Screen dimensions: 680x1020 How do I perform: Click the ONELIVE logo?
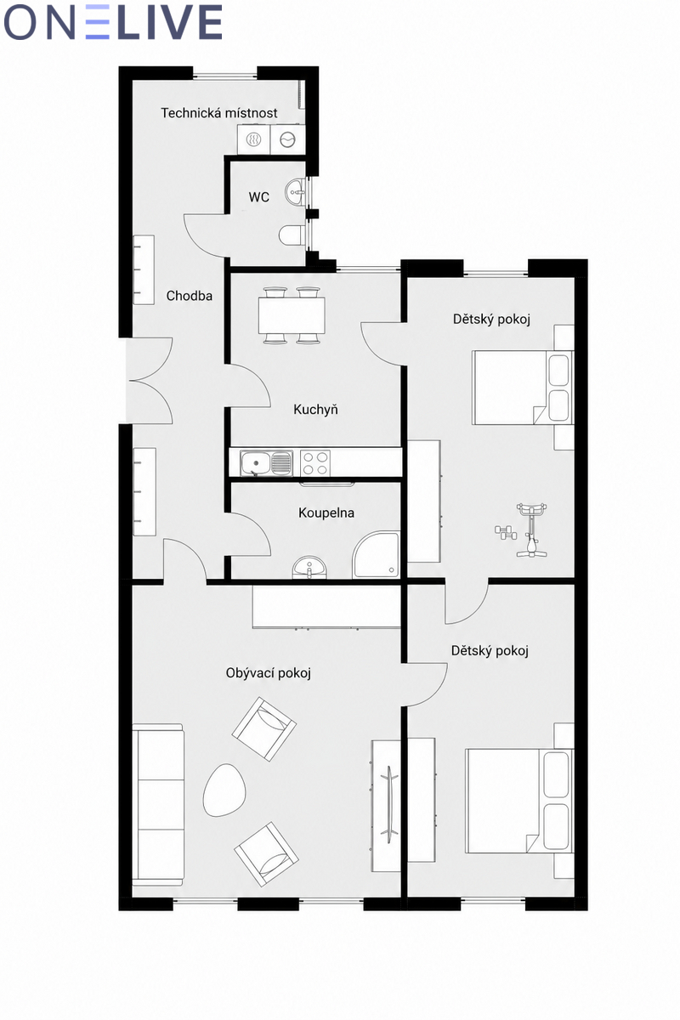(112, 22)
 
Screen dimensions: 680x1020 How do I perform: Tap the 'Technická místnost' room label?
(219, 113)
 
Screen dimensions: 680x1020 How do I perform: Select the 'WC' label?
(258, 197)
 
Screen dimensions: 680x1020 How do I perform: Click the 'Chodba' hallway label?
(189, 296)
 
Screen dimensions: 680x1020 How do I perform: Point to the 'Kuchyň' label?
(315, 410)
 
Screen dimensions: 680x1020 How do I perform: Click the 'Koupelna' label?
(326, 513)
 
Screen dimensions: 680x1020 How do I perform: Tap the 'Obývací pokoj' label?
(269, 673)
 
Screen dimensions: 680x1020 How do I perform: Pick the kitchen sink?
(266, 463)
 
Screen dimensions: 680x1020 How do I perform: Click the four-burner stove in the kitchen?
(315, 463)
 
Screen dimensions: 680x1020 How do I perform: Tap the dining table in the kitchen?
(292, 315)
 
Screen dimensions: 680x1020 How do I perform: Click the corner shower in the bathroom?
(377, 554)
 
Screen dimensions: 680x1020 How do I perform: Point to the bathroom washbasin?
(309, 568)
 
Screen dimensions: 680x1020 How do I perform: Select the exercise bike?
(531, 530)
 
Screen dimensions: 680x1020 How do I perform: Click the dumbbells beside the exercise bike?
(506, 532)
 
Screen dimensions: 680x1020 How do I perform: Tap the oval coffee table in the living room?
(224, 789)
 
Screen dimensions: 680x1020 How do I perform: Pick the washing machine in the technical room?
(287, 139)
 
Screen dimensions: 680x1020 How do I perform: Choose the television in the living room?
(389, 805)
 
